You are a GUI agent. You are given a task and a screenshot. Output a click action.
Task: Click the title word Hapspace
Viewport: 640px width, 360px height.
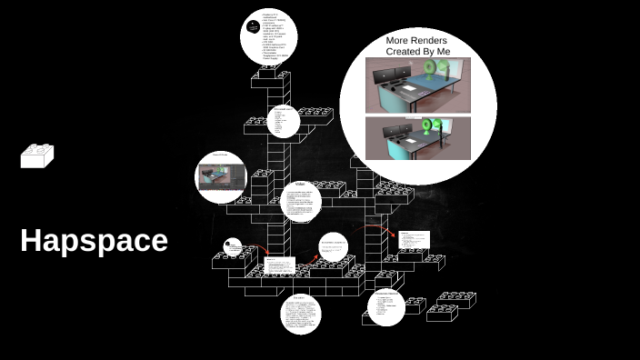click(94, 241)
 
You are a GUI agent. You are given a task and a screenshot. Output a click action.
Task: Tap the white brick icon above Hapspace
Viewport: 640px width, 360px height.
click(37, 156)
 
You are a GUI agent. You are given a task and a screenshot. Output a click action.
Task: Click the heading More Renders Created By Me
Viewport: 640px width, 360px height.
click(417, 46)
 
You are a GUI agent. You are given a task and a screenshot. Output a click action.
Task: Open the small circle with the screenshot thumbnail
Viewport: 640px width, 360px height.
click(221, 176)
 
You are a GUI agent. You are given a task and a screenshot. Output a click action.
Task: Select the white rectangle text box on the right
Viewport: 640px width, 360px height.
click(414, 240)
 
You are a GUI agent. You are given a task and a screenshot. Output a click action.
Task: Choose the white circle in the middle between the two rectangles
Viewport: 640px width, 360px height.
click(334, 245)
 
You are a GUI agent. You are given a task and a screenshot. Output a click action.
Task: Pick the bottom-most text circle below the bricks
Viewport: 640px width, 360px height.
click(300, 314)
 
